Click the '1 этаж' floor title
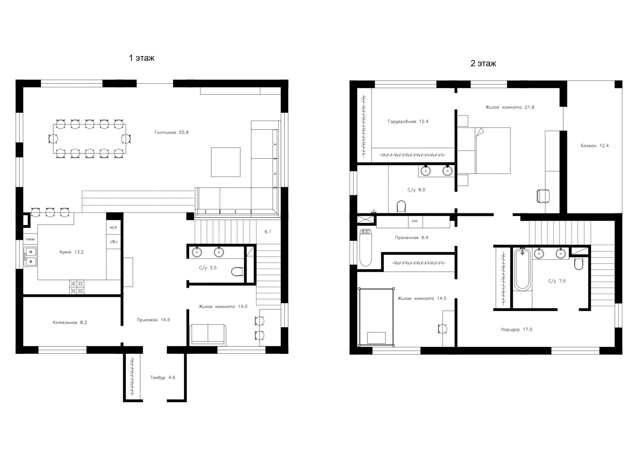tap(142, 58)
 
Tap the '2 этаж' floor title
tap(483, 63)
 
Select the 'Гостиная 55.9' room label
tap(171, 132)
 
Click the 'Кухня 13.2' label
tap(71, 252)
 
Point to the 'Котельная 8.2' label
tap(70, 322)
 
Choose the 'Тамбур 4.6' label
tap(163, 377)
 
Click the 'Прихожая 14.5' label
tap(153, 320)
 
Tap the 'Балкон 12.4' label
tap(595, 146)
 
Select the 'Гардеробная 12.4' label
tap(408, 122)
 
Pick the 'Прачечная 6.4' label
tap(412, 237)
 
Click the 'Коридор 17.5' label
tap(517, 329)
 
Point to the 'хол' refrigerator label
tap(113, 227)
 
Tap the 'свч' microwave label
tap(113, 242)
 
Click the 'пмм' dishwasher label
tap(30, 239)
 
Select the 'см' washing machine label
tap(415, 221)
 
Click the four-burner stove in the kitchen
tap(77, 287)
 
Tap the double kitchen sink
tap(30, 257)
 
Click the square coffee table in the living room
tap(225, 162)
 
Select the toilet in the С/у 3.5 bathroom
tap(237, 271)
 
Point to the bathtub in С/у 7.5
tap(523, 270)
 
